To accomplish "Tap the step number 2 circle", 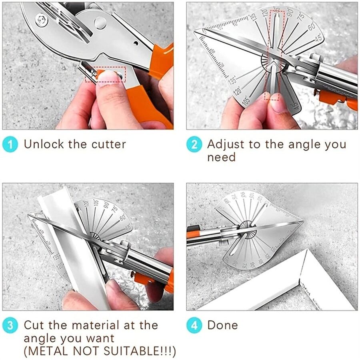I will (x=194, y=144).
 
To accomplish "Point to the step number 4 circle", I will (x=194, y=325).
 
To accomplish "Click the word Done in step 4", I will (x=222, y=325).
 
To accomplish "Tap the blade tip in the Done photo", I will (x=302, y=221).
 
